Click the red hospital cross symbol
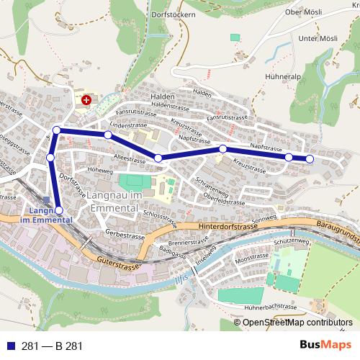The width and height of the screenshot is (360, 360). (x=87, y=99)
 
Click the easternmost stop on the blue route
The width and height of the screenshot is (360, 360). (x=310, y=158)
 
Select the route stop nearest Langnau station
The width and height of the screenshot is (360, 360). (x=59, y=210)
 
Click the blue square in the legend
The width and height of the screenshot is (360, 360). (x=13, y=346)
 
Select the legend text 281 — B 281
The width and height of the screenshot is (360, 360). (x=52, y=346)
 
